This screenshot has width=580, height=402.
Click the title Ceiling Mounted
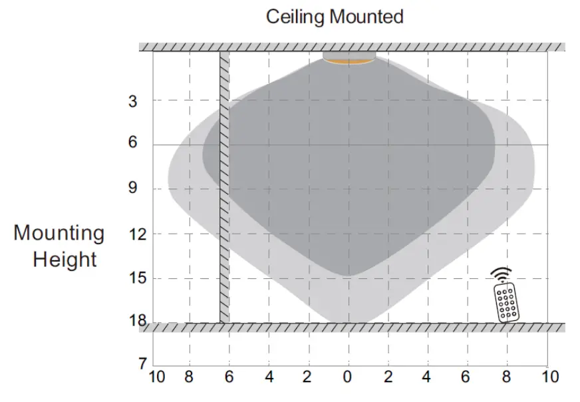(335, 17)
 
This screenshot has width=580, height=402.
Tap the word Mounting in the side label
(59, 233)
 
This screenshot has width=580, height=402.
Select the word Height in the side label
(65, 259)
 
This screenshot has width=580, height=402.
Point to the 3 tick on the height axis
(133, 101)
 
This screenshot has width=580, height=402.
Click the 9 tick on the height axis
(133, 189)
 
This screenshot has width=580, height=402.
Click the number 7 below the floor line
(142, 364)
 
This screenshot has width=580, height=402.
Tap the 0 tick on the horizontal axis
(348, 377)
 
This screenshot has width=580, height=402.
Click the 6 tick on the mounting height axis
(133, 144)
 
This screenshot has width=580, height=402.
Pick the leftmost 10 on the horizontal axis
(157, 377)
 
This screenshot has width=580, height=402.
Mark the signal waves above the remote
(502, 274)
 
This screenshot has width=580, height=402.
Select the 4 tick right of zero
(426, 377)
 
